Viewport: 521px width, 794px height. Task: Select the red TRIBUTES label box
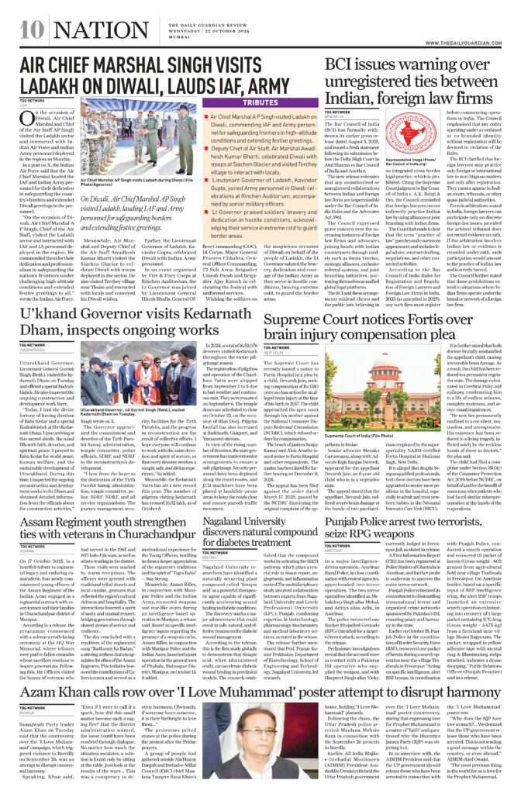point(263,102)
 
